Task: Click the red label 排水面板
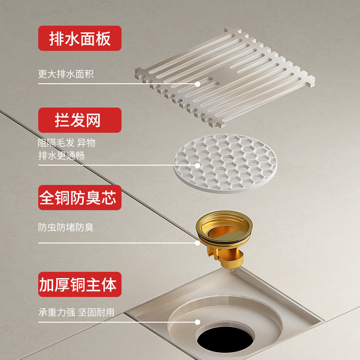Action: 80,38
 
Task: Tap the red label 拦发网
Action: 80,120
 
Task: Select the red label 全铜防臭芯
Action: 80,198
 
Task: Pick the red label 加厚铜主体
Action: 80,284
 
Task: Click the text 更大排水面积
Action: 66,74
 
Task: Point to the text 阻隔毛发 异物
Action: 66,143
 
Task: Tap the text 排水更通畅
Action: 61,155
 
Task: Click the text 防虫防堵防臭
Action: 66,227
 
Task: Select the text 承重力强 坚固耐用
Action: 76,312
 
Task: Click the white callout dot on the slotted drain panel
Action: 198,84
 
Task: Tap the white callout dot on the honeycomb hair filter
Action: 198,165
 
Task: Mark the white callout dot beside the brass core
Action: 198,243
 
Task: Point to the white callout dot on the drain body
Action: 198,322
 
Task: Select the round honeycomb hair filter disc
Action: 225,163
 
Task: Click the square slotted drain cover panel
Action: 225,77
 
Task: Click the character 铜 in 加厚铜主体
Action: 78,284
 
